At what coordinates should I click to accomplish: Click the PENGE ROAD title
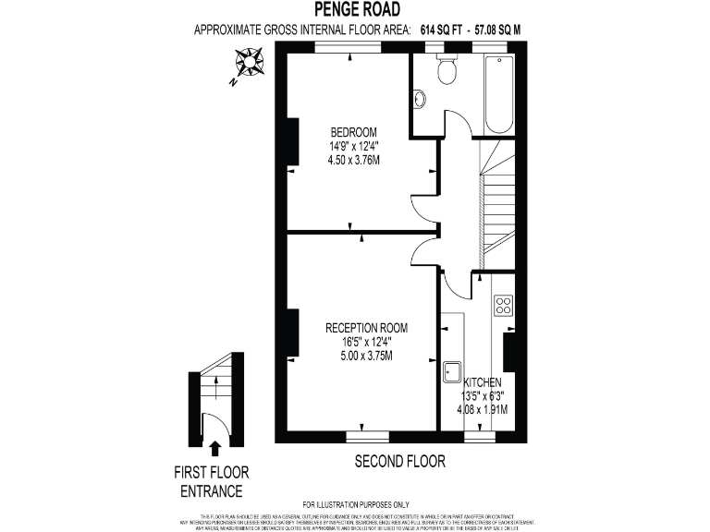[x=355, y=10]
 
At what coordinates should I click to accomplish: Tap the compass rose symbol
[x=250, y=64]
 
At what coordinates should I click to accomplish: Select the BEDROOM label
[x=354, y=131]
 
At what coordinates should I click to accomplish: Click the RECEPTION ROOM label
[x=366, y=328]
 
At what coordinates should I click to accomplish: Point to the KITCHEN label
[x=483, y=381]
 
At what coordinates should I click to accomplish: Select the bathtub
[x=498, y=95]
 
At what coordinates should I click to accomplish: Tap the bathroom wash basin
[x=420, y=99]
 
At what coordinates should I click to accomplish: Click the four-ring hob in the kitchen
[x=504, y=305]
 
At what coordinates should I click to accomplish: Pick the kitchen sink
[x=453, y=370]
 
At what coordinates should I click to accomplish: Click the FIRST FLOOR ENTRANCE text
[x=211, y=481]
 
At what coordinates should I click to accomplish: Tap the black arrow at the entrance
[x=215, y=449]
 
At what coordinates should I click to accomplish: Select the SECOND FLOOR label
[x=400, y=460]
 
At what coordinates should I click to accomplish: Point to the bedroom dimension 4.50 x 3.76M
[x=354, y=159]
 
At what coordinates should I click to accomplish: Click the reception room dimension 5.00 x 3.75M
[x=366, y=356]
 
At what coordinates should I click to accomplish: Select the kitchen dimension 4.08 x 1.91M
[x=483, y=409]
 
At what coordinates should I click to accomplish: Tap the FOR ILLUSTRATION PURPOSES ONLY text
[x=355, y=503]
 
